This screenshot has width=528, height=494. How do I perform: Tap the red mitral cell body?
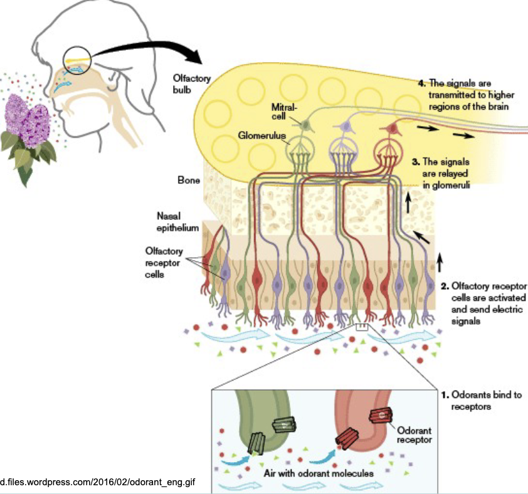(393, 129)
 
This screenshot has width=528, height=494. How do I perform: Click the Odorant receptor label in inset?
(414, 435)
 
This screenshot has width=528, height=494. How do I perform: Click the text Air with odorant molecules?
(324, 473)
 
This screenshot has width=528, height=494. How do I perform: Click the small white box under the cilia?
(362, 327)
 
